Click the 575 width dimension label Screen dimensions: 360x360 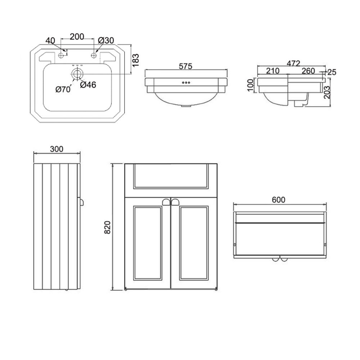[185, 66]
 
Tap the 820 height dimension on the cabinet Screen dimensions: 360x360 [108, 227]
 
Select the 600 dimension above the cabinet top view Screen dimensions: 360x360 [279, 200]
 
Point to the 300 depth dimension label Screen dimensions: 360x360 [57, 149]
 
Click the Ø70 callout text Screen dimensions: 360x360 [63, 89]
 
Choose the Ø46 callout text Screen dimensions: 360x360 [88, 85]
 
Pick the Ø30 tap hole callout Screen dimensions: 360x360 [106, 40]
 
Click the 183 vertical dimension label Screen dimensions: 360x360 [136, 60]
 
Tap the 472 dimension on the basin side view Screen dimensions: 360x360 [293, 63]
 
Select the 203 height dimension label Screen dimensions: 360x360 [327, 92]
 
